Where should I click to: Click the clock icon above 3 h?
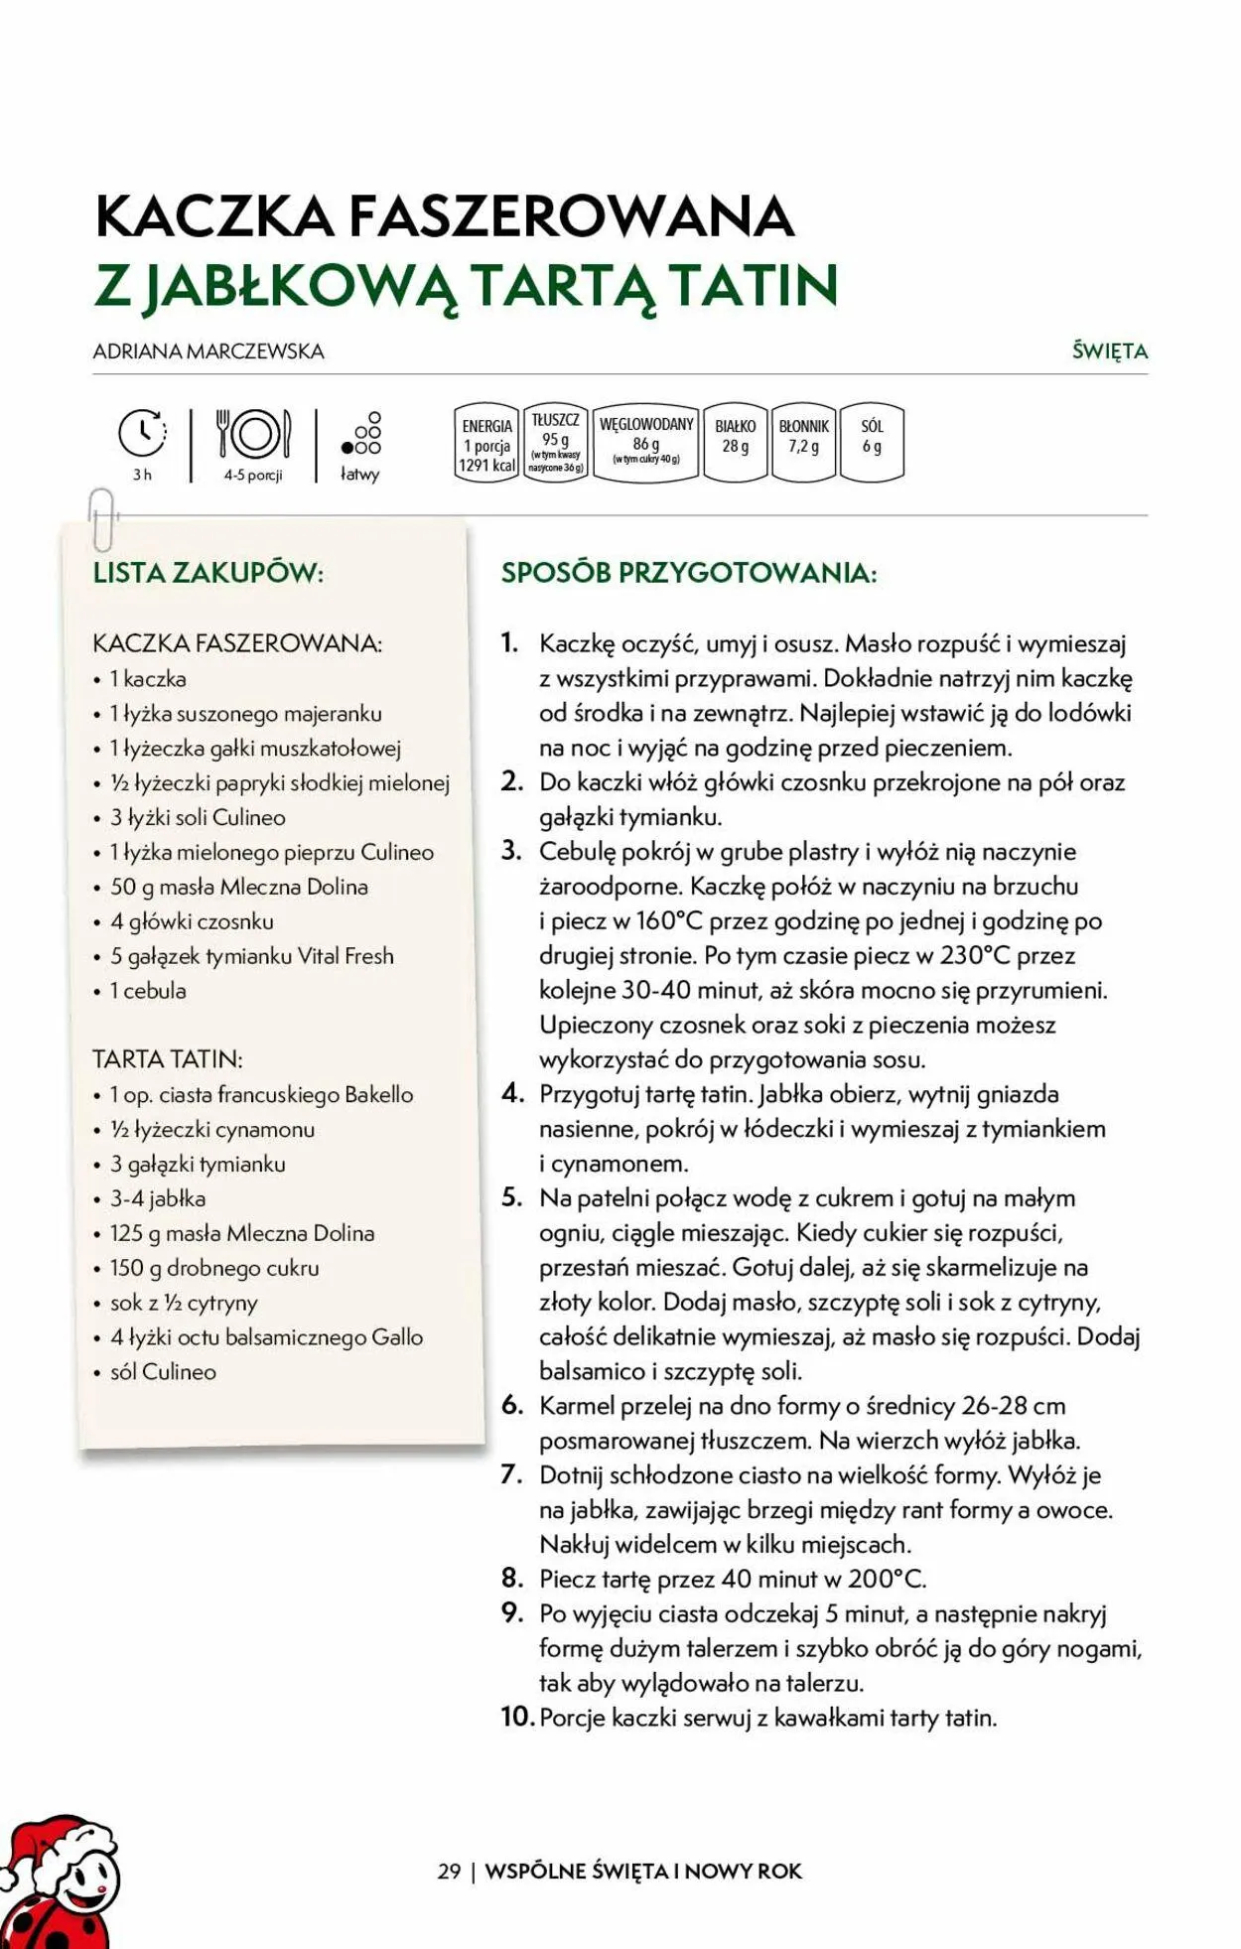[142, 433]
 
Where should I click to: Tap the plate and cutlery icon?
[253, 434]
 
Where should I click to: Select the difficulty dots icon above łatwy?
[362, 434]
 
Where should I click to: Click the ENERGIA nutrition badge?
[486, 444]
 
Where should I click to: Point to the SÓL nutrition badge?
[872, 442]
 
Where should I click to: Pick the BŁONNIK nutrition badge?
[803, 442]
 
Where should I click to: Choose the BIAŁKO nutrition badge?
[735, 442]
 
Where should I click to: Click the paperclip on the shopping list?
[102, 519]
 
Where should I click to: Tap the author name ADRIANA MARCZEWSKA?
[208, 351]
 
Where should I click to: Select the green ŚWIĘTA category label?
[1109, 351]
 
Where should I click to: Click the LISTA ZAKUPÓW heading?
[208, 573]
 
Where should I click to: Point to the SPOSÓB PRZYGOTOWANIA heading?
[689, 573]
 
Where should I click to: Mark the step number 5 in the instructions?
[511, 1197]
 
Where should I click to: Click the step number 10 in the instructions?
[517, 1717]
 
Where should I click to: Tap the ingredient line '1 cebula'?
[148, 991]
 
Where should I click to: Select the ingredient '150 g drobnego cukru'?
[214, 1268]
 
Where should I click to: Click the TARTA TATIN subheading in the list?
[168, 1059]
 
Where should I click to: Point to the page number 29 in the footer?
[449, 1871]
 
